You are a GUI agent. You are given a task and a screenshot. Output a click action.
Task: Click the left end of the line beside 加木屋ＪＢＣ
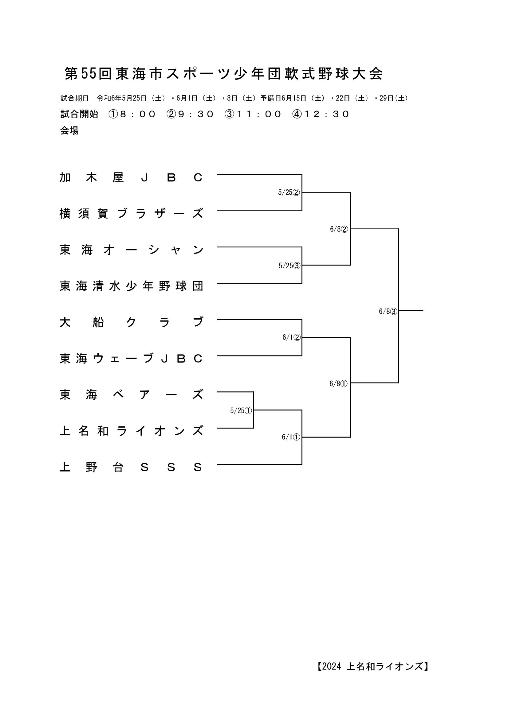217,174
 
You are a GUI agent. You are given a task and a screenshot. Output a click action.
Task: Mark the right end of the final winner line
423,310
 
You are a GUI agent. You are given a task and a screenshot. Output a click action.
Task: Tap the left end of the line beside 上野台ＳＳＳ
217,464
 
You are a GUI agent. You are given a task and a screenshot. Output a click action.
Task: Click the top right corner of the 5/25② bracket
302,174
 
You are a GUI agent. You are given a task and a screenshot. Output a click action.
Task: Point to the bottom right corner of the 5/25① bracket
253,428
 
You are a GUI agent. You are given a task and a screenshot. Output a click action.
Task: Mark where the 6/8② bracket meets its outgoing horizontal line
350,229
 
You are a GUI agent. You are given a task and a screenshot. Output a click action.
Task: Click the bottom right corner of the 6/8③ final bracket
399,383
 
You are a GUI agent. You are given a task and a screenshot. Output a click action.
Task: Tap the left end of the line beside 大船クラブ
217,319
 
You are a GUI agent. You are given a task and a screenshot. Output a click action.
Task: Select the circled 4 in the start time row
297,114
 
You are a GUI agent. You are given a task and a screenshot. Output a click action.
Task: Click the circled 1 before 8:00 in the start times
113,114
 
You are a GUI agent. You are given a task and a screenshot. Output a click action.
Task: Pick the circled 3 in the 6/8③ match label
394,312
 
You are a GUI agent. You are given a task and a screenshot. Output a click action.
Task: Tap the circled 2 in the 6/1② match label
297,337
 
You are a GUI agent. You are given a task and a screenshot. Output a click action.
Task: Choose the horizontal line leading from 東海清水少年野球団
259,283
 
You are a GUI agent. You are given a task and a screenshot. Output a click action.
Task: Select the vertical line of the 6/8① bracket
350,387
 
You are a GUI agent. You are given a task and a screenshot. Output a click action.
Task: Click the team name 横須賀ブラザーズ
132,214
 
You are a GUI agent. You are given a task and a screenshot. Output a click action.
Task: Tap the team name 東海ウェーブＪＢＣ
132,358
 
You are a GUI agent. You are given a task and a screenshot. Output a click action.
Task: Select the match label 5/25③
289,266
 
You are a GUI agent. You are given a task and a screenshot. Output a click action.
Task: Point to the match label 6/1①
291,437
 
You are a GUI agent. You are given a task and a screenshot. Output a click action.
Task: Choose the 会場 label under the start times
69,130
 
